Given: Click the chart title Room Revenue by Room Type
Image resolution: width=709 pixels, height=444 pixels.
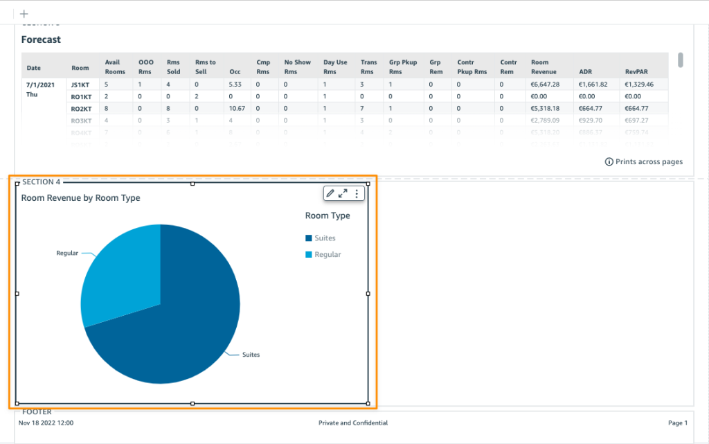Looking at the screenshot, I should click(x=80, y=198).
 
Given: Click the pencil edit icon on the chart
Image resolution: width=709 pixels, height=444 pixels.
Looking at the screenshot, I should click(x=330, y=194).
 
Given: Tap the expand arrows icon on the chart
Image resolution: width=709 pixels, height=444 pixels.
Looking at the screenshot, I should click(x=343, y=194).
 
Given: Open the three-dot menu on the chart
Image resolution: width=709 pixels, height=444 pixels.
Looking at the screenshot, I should click(x=357, y=194).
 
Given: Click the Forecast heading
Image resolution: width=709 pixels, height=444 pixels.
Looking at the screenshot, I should click(x=41, y=39).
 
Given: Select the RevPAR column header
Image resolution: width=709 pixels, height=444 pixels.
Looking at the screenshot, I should click(x=636, y=71).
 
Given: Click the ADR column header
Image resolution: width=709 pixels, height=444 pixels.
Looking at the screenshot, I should click(x=585, y=71).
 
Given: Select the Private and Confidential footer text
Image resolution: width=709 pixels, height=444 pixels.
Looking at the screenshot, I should click(x=353, y=423).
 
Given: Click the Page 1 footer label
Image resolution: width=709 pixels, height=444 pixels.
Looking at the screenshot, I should click(x=678, y=423).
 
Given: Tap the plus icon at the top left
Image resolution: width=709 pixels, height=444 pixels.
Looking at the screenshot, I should click(x=24, y=14).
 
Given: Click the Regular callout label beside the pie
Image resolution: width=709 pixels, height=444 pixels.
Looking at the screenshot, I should click(x=67, y=254).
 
